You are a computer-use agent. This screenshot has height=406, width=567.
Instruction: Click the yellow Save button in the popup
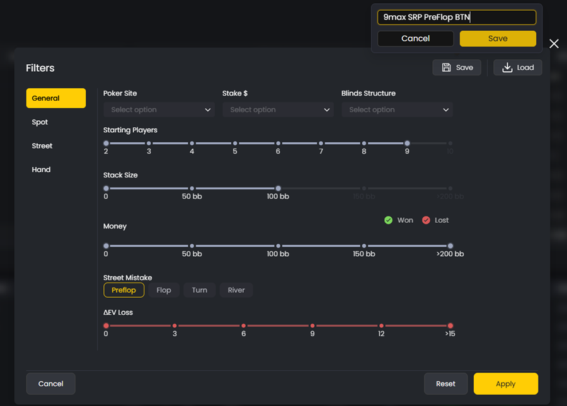click(x=498, y=38)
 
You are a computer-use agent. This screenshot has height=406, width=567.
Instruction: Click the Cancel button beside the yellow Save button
click(x=415, y=38)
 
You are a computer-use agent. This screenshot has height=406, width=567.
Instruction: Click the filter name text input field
click(x=456, y=17)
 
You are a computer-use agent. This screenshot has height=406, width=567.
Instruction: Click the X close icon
click(x=554, y=43)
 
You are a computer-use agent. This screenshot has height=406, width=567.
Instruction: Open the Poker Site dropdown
click(x=159, y=110)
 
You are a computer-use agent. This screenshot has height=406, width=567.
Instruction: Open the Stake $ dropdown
click(x=278, y=110)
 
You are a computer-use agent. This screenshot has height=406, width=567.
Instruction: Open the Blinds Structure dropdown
click(x=397, y=110)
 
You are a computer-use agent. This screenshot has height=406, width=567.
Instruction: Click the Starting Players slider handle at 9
click(x=407, y=144)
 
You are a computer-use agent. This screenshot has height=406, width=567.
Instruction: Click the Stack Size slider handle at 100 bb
click(x=278, y=188)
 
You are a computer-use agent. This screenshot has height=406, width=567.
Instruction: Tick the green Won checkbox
click(x=389, y=220)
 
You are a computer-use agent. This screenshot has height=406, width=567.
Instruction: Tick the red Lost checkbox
click(x=426, y=220)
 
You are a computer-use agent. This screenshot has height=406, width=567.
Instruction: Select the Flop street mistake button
click(x=164, y=290)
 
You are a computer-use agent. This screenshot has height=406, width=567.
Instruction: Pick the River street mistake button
click(x=236, y=290)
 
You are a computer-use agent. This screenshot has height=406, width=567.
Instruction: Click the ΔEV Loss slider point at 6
click(x=244, y=325)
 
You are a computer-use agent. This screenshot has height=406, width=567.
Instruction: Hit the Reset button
click(x=445, y=384)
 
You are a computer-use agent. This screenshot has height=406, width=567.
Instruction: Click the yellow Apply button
click(x=505, y=384)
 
